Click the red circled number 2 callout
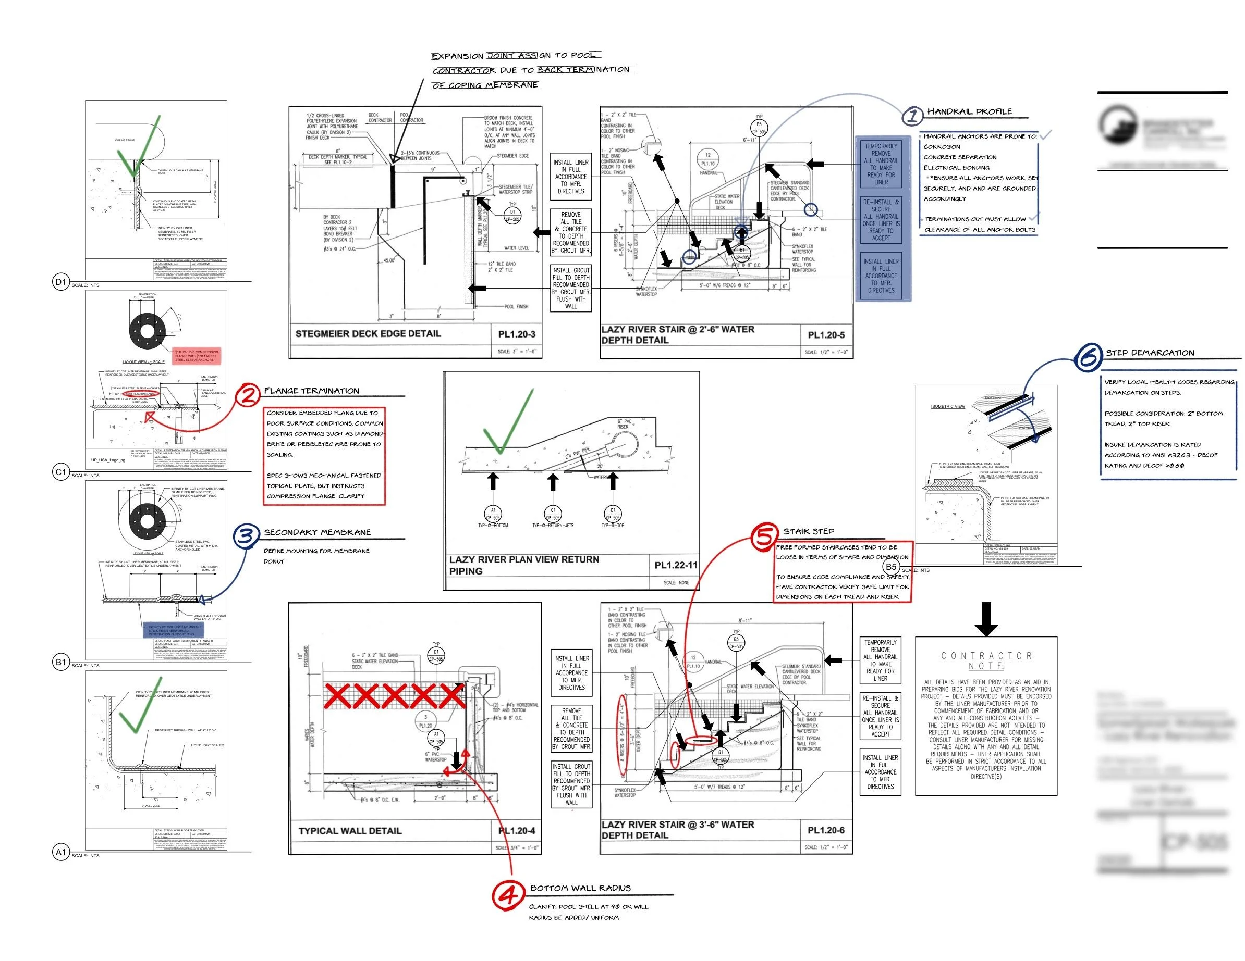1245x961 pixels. [x=248, y=394]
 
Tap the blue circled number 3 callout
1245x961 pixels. [x=246, y=536]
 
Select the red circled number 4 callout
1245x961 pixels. [x=507, y=895]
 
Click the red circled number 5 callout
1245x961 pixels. [x=764, y=536]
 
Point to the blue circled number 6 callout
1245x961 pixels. [x=1088, y=358]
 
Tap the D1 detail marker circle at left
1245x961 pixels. [x=61, y=281]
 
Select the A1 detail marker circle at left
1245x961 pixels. [x=61, y=852]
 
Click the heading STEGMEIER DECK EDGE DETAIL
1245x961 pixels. [x=368, y=334]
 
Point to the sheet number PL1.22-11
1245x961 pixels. [x=676, y=565]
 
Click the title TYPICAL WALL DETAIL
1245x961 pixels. [x=350, y=831]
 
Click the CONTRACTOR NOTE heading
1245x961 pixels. [x=986, y=661]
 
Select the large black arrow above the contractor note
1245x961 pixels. [x=986, y=619]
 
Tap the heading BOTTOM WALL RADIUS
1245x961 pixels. [x=580, y=888]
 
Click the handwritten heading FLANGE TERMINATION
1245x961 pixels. [x=311, y=391]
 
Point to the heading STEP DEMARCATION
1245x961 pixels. [x=1150, y=353]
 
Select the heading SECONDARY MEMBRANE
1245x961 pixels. [x=317, y=533]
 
